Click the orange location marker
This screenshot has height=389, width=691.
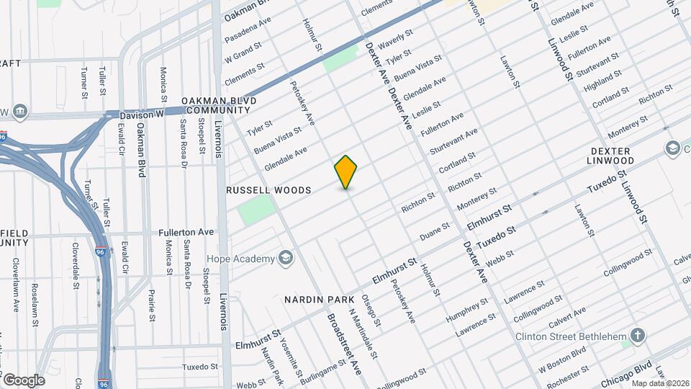346,171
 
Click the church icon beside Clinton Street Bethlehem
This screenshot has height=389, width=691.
637,336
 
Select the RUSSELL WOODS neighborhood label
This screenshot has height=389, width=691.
268,190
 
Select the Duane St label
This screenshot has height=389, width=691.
435,231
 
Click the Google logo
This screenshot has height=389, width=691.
24,380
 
